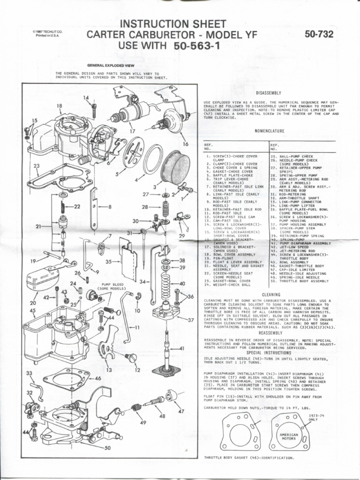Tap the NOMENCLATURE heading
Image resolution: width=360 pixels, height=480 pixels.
(269, 132)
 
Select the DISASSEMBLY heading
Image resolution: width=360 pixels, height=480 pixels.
(270, 93)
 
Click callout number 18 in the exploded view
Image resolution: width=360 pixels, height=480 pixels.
(60, 106)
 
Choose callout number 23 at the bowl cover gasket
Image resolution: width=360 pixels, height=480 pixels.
(37, 166)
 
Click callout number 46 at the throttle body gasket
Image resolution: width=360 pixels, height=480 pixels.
(97, 377)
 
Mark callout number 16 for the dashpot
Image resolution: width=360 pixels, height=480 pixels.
(185, 144)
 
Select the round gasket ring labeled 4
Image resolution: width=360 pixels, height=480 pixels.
(153, 159)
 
